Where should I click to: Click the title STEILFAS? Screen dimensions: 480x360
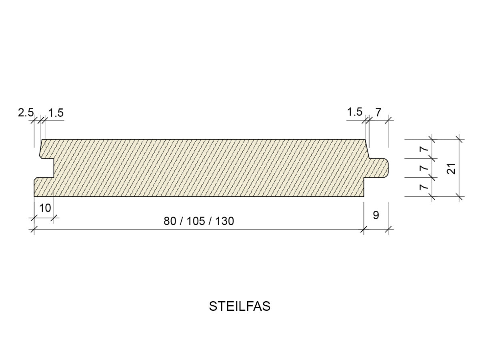[240, 306]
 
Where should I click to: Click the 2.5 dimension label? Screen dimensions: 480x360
[26, 113]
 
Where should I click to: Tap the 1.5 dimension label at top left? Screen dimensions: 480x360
[56, 113]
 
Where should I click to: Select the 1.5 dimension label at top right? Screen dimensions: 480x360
[355, 112]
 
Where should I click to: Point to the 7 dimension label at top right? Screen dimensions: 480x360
[378, 112]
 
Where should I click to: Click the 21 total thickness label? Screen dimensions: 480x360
[451, 168]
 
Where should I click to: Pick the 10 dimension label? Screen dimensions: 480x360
[45, 208]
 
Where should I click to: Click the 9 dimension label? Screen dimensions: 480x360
[376, 215]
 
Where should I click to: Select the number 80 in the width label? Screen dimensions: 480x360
[170, 221]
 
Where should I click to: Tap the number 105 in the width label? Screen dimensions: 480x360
[196, 221]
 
